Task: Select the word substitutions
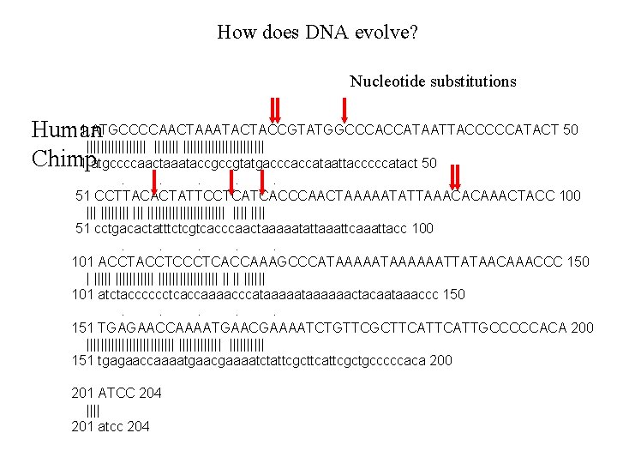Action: click(x=473, y=81)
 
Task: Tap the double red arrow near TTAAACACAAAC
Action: click(x=455, y=176)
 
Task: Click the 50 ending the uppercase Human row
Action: click(x=570, y=130)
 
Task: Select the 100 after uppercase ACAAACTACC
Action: click(x=569, y=196)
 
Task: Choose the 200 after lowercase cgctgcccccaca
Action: click(x=440, y=360)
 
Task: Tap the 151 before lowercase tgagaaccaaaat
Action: click(x=84, y=360)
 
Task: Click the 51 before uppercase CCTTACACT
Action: click(x=84, y=196)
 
